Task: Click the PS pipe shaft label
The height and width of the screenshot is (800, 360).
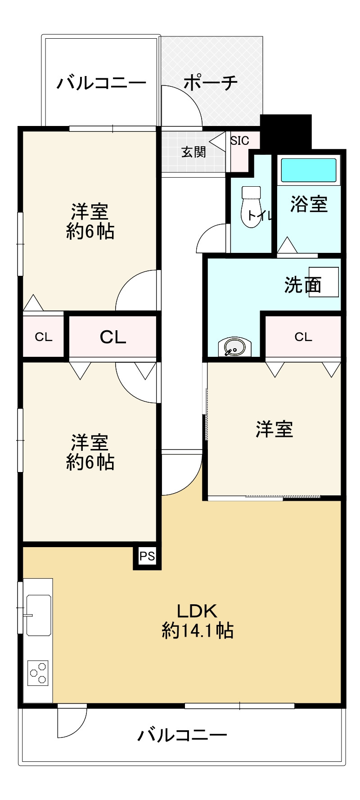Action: pyautogui.click(x=147, y=556)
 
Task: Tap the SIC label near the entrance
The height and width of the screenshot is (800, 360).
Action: pyautogui.click(x=239, y=140)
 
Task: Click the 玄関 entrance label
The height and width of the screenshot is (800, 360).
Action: pyautogui.click(x=193, y=152)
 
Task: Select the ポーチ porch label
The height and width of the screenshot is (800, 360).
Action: pyautogui.click(x=211, y=83)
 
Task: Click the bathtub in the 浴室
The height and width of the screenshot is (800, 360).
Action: pyautogui.click(x=309, y=170)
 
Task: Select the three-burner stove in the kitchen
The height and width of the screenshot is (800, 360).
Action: pyautogui.click(x=38, y=673)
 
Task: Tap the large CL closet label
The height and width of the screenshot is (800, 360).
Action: pyautogui.click(x=112, y=337)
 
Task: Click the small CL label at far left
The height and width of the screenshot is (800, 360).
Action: pyautogui.click(x=44, y=337)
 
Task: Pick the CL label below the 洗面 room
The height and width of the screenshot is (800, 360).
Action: pyautogui.click(x=303, y=337)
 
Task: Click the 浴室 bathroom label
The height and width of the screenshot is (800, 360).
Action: pyautogui.click(x=309, y=204)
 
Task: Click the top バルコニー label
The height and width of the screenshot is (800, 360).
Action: pyautogui.click(x=102, y=83)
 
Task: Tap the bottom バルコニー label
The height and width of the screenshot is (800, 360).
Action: pyautogui.click(x=182, y=735)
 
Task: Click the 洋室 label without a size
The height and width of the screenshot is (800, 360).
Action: pyautogui.click(x=274, y=429)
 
